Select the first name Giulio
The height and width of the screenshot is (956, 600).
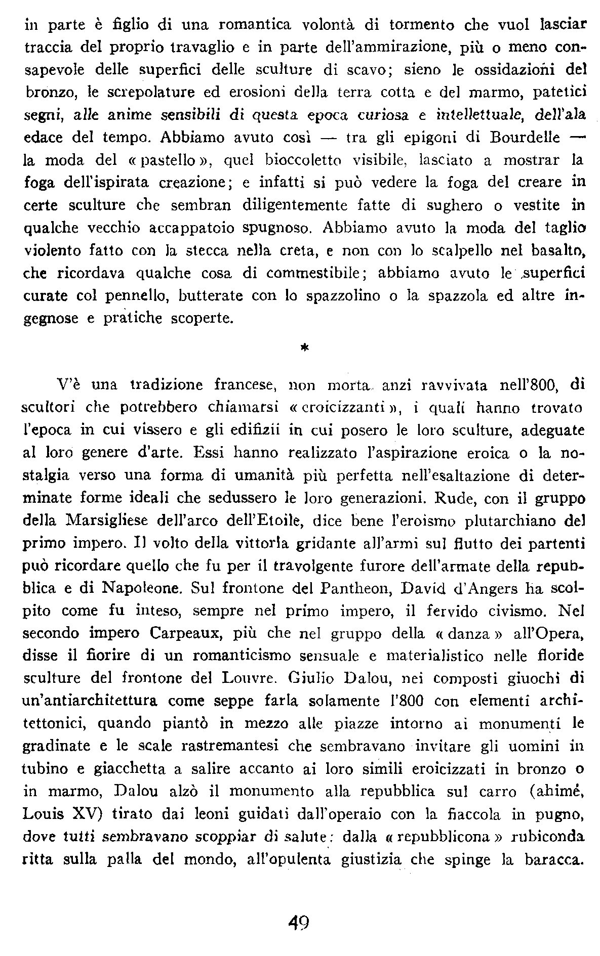(x=309, y=679)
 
